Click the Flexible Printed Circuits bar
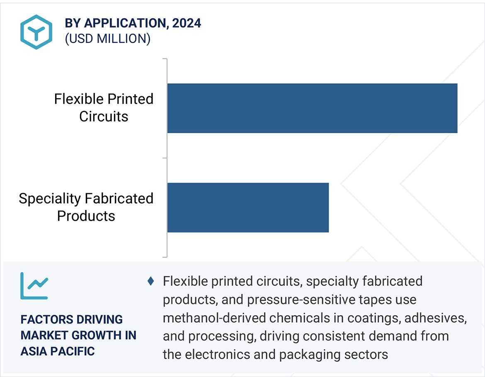point(312,108)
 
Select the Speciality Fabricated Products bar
point(248,207)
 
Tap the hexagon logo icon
point(36,32)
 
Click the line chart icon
point(34,286)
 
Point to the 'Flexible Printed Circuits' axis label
point(104,107)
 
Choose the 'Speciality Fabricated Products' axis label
point(86,207)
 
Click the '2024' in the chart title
point(187,23)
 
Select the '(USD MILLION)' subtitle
point(107,39)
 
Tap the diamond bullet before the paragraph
point(151,281)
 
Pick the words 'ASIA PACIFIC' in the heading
point(58,351)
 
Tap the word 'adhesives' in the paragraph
point(435,318)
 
